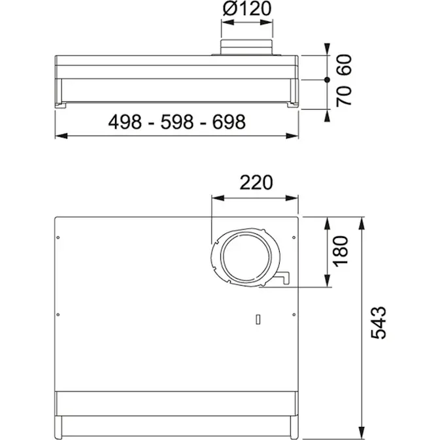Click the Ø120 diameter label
(247, 8)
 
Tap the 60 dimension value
(345, 65)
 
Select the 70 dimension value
(345, 96)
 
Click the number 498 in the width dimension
(125, 122)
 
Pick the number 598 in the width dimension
(177, 122)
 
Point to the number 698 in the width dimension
(229, 122)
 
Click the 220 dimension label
(256, 182)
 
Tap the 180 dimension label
(340, 251)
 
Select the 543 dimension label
(379, 323)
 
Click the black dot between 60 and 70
(327, 80)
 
